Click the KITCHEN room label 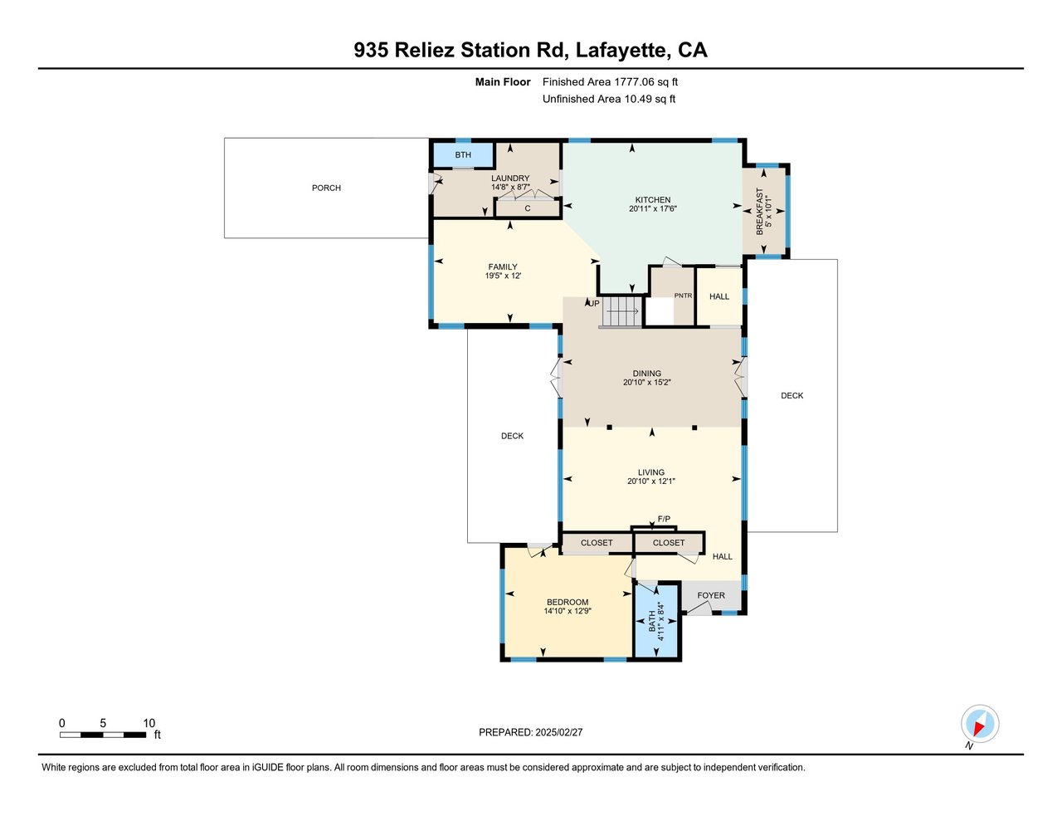point(652,199)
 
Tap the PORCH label point(326,188)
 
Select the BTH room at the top point(463,155)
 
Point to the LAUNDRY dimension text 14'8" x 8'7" point(510,187)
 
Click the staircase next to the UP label point(621,311)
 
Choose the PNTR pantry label point(683,296)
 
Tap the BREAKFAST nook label point(759,211)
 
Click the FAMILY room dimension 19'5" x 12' point(503,276)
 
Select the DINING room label point(646,373)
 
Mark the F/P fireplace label point(664,519)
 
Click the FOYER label point(710,595)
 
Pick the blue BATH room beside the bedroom point(656,621)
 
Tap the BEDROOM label point(568,602)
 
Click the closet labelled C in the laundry point(528,208)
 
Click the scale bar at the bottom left point(103,735)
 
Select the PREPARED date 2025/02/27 point(558,732)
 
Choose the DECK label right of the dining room point(792,396)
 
